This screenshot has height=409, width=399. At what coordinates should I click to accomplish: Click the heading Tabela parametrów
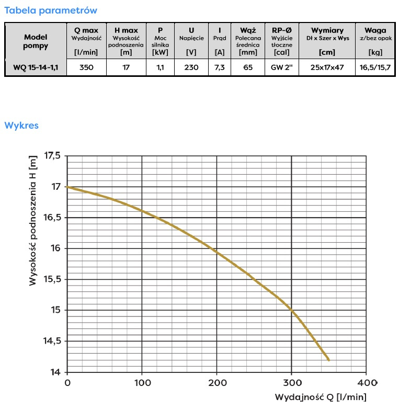click(50, 10)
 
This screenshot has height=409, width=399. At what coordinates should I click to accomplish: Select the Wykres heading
click(21, 126)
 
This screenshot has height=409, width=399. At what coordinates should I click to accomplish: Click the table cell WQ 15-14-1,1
click(36, 67)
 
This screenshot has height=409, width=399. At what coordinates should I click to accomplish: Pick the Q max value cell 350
click(86, 67)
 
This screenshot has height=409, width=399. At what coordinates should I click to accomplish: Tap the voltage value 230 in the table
click(191, 67)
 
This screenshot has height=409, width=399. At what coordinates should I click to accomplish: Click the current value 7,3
click(220, 67)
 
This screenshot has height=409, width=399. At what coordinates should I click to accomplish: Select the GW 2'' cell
click(281, 67)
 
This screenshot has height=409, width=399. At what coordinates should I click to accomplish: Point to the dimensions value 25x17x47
click(327, 67)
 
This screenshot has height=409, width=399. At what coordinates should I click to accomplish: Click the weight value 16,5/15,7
click(375, 67)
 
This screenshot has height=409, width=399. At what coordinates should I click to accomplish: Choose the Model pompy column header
click(36, 41)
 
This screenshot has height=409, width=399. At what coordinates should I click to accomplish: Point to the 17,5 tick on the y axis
click(52, 156)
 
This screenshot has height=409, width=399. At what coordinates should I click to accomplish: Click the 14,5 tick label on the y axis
click(52, 342)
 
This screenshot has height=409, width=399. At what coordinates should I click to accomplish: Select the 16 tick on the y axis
click(55, 248)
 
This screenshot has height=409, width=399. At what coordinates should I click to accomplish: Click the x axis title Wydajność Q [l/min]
click(321, 397)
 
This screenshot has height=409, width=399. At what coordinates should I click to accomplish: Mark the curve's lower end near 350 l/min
click(328, 359)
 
